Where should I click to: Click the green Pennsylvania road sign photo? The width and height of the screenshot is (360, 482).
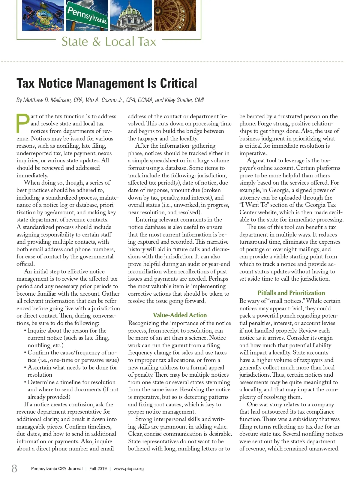[x=87, y=15]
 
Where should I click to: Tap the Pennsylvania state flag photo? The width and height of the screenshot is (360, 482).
[x=43, y=15]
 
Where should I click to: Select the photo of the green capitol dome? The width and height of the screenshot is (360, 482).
[x=130, y=15]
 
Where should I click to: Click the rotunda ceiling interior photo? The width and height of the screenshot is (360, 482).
[x=175, y=15]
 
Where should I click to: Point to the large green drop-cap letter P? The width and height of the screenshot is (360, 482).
[x=23, y=123]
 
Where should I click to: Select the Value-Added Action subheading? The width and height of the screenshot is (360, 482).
[x=180, y=315]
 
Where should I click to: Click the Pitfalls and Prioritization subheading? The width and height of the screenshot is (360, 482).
[x=291, y=293]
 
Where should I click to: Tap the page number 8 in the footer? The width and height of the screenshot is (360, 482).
[x=14, y=468]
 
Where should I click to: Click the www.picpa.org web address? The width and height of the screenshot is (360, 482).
[x=129, y=468]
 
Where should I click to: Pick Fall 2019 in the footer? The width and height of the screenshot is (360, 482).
[x=98, y=468]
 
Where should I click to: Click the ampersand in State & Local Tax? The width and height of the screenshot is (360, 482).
[x=96, y=42]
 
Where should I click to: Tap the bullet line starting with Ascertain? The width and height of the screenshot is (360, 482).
[x=72, y=367]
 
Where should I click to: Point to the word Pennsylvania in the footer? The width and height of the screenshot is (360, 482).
[x=43, y=468]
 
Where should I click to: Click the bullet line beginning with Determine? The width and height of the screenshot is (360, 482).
[x=71, y=382]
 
